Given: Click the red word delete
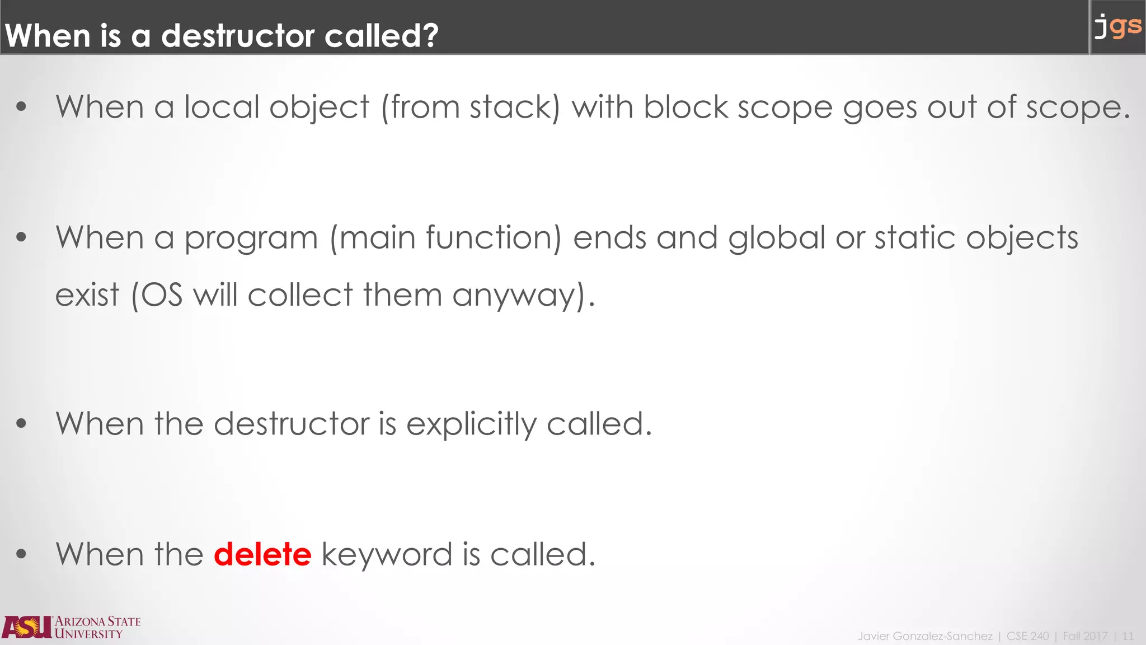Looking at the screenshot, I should pyautogui.click(x=262, y=554).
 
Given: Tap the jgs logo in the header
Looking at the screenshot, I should pyautogui.click(x=1117, y=26).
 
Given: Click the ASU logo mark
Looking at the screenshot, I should pyautogui.click(x=27, y=627).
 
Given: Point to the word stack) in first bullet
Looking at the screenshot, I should pyautogui.click(x=514, y=107).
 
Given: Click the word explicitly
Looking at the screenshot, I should pyautogui.click(x=471, y=424).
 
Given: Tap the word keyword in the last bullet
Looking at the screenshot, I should pyautogui.click(x=387, y=554).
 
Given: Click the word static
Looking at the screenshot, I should pyautogui.click(x=915, y=237).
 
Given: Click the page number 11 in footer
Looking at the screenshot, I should pyautogui.click(x=1128, y=636).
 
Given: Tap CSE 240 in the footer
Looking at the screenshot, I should pyautogui.click(x=1027, y=636).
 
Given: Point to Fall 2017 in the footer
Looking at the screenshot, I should pyautogui.click(x=1084, y=636).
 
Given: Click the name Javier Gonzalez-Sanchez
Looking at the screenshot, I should pyautogui.click(x=925, y=636).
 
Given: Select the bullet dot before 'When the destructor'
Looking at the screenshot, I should pyautogui.click(x=21, y=424).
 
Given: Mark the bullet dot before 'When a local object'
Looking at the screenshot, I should pyautogui.click(x=21, y=107).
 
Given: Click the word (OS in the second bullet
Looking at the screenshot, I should pyautogui.click(x=157, y=295).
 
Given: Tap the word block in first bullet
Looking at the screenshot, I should pyautogui.click(x=685, y=107).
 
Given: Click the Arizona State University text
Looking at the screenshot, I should pyautogui.click(x=97, y=628).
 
